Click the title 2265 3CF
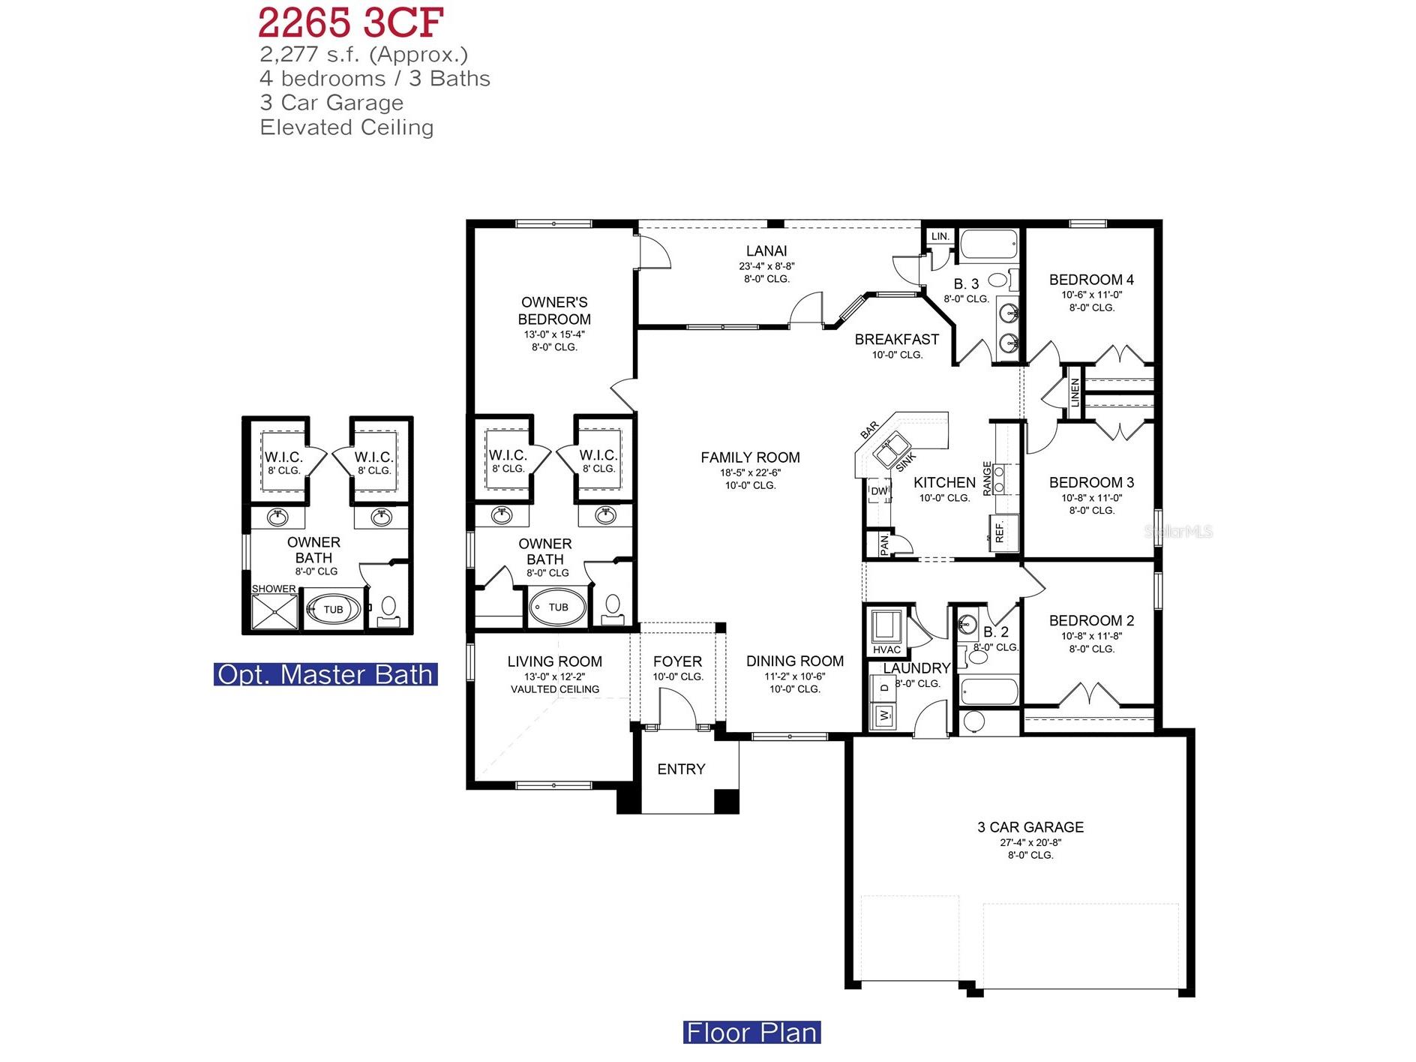[x=351, y=22]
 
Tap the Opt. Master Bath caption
[x=325, y=674]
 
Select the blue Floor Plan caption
[x=751, y=1032]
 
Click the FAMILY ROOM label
[x=750, y=457]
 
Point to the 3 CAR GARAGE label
[x=1030, y=827]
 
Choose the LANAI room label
[x=766, y=251]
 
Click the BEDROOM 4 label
[x=1090, y=280]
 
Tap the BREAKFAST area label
[x=896, y=340]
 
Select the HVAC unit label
[x=886, y=649]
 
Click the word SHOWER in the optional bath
[x=274, y=589]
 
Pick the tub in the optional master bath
[x=333, y=610]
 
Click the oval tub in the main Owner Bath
[x=558, y=607]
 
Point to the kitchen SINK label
[x=905, y=462]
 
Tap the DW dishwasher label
[x=878, y=492]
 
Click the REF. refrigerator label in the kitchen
[x=1000, y=532]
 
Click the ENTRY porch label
[x=681, y=769]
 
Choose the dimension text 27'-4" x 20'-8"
[x=1030, y=842]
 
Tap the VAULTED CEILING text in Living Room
[x=554, y=689]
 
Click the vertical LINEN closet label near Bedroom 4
[x=1075, y=392]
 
